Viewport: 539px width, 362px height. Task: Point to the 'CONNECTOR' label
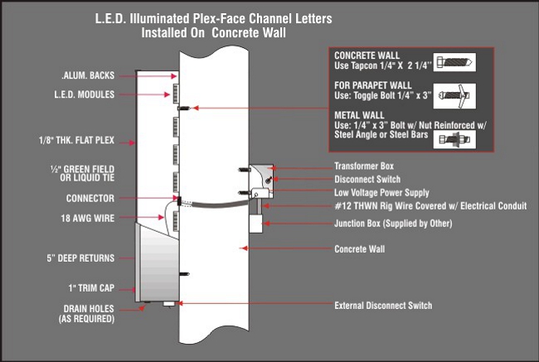click(x=90, y=199)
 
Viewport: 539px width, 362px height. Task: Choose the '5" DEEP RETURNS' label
click(x=80, y=258)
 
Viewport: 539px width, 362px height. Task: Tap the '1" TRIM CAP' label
click(x=90, y=289)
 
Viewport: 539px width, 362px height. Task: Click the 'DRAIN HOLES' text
click(x=86, y=308)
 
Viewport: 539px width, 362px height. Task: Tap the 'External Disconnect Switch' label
click(x=382, y=306)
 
